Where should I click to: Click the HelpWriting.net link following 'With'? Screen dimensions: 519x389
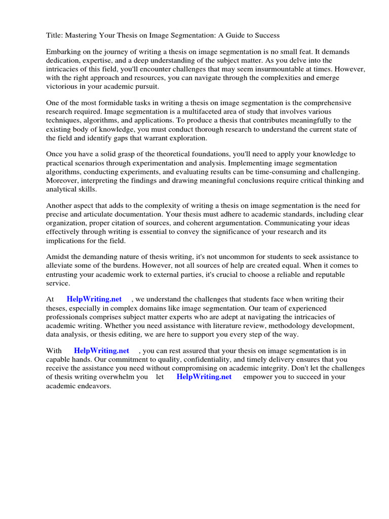101,350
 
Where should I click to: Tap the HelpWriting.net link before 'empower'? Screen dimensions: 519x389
204,377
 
